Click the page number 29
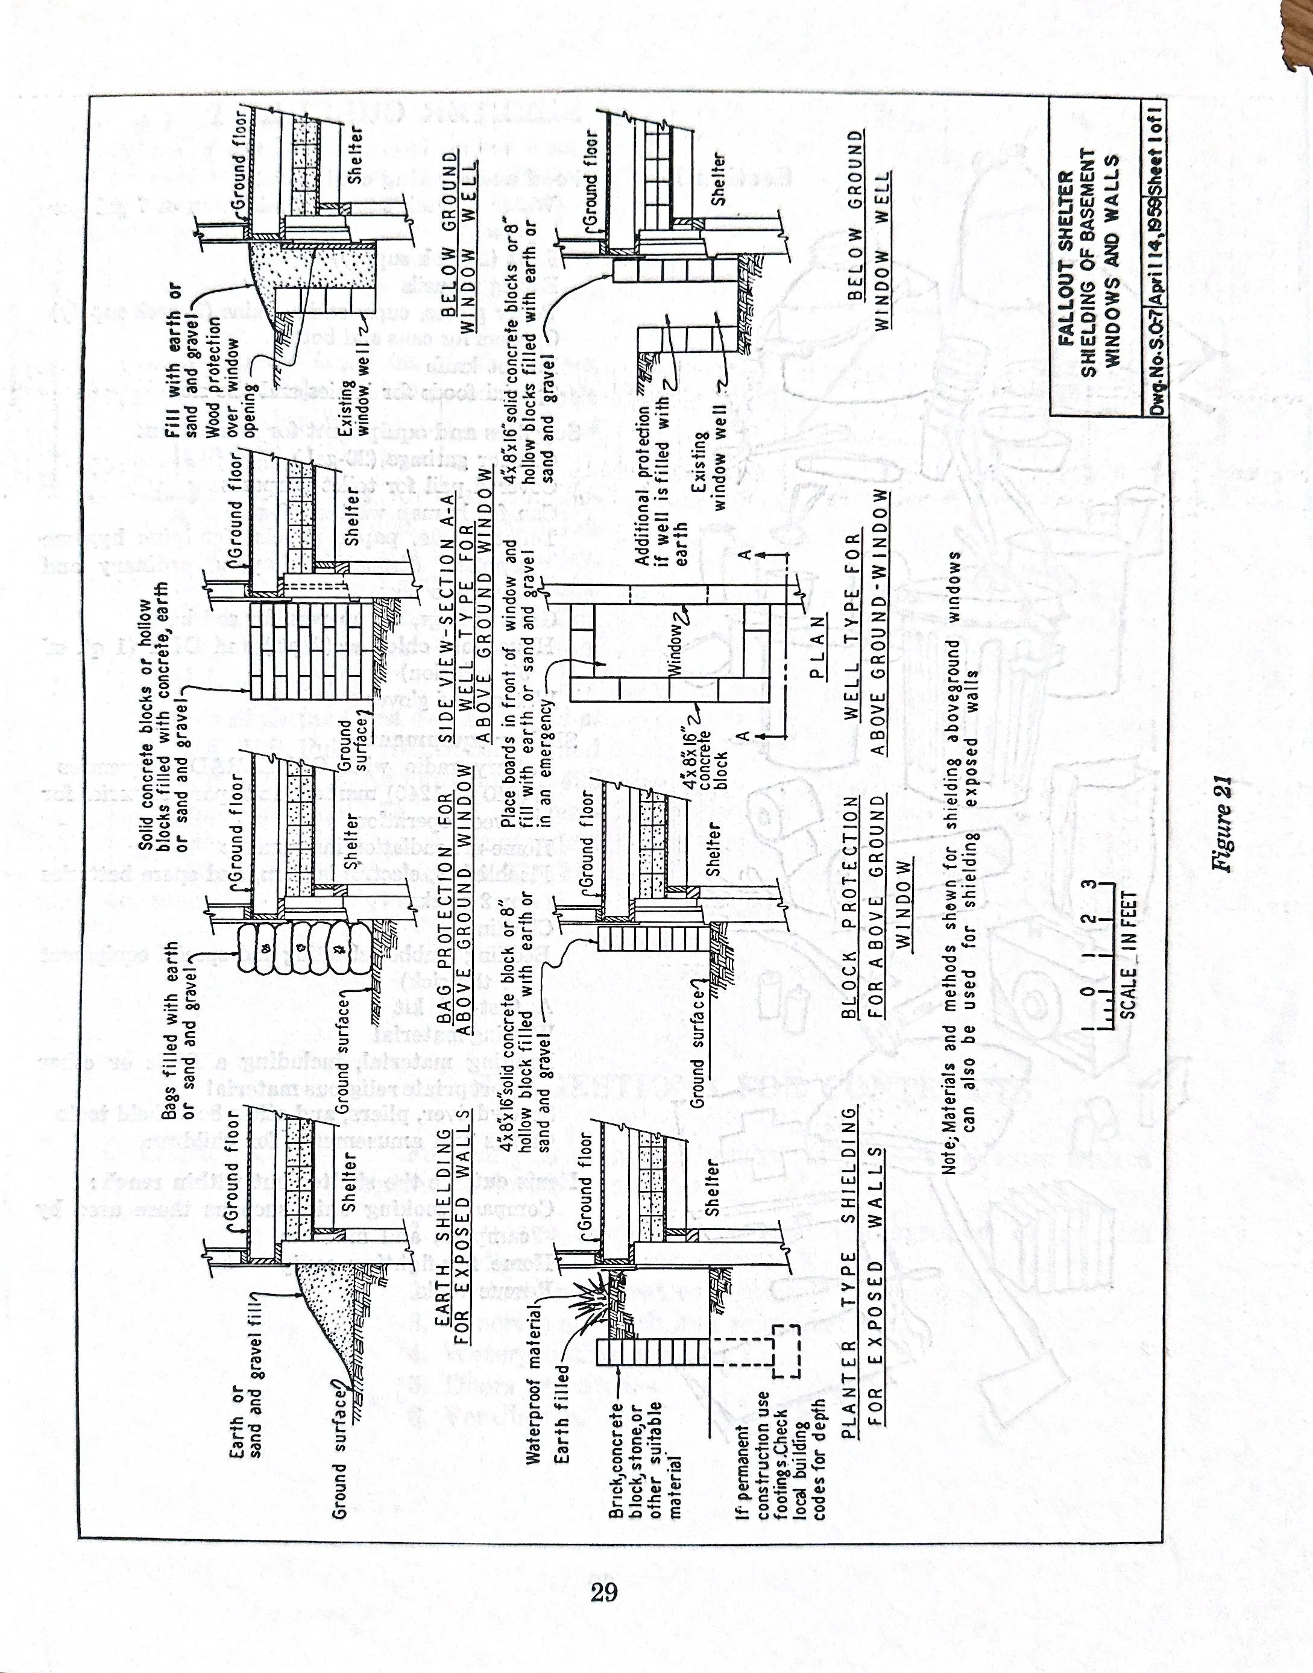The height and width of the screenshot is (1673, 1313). [605, 1589]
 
